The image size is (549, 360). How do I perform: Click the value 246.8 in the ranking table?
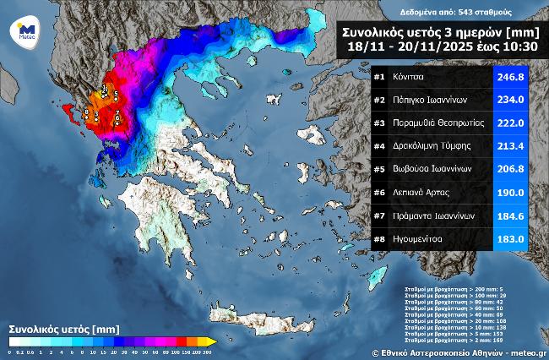[x=509, y=77]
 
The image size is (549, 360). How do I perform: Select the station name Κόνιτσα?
[x=409, y=77]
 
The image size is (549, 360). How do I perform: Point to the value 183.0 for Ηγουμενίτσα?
[x=509, y=239]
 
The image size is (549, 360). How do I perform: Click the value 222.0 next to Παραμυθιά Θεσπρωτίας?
[x=509, y=123]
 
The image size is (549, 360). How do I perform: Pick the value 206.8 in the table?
[x=509, y=169]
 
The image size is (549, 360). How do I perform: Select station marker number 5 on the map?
[x=116, y=94]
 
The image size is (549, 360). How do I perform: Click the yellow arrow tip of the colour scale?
[x=212, y=341]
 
